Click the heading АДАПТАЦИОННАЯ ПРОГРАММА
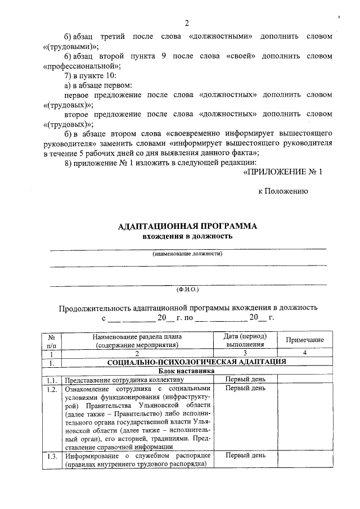click(187, 226)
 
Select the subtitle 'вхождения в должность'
click(187, 236)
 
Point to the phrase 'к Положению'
click(283, 191)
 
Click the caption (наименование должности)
click(187, 254)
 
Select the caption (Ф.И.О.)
click(187, 289)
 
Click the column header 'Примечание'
click(304, 340)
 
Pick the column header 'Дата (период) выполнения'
click(245, 340)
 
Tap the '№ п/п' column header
click(51, 340)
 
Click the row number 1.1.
click(52, 380)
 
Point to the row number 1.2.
click(52, 389)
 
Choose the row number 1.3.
click(52, 456)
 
